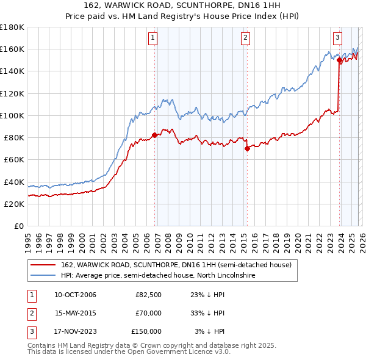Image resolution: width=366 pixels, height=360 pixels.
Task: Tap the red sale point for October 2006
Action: coord(154,135)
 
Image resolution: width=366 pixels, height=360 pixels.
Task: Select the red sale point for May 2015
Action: coord(247,148)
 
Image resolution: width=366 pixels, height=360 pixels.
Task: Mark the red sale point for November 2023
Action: coord(339,60)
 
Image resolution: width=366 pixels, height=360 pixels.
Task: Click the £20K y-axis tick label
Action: coord(14,204)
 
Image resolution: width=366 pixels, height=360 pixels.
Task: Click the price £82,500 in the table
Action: coord(148,295)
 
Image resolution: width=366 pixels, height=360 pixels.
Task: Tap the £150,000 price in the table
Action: coord(146,331)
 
